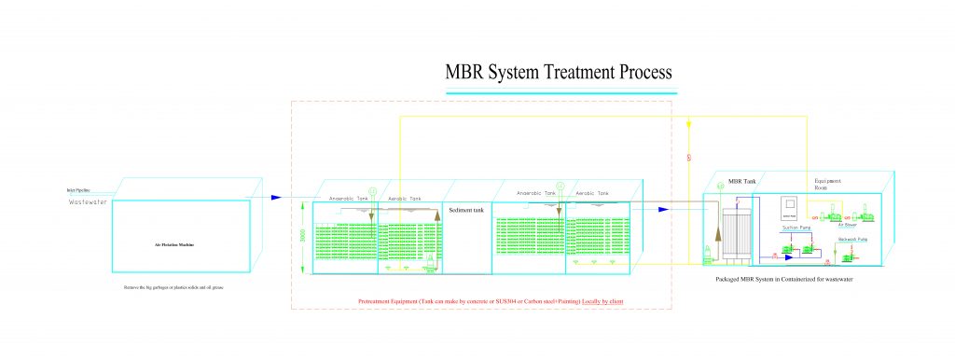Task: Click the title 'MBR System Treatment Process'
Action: coord(560,72)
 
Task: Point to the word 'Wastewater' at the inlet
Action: coord(90,201)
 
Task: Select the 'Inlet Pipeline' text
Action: coord(80,190)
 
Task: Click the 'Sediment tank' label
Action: coord(466,210)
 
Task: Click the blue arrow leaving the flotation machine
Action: coord(276,197)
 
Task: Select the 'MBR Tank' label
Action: coord(730,178)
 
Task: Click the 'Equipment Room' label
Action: coord(828,183)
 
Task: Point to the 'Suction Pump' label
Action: coord(789,227)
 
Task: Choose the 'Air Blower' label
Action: coord(847,225)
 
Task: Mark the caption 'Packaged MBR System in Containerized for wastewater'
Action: coord(785,279)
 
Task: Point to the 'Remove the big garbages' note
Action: coord(174,287)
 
